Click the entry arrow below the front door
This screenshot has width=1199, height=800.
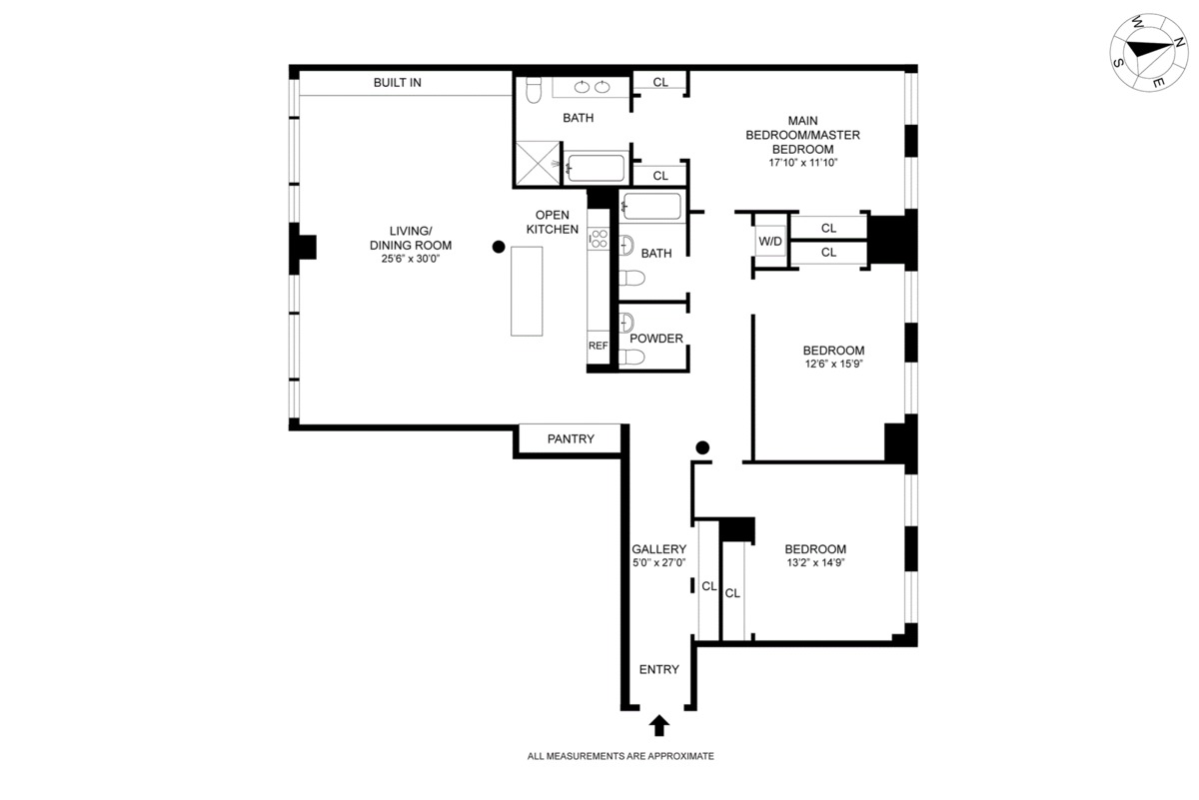point(658,726)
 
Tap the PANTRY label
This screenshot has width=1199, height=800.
point(571,438)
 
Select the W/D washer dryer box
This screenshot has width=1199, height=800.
point(770,242)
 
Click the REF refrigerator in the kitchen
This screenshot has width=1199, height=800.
point(598,347)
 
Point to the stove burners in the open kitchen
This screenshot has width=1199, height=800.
point(599,239)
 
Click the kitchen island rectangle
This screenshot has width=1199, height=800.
point(527,291)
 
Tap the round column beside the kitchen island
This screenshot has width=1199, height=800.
point(499,247)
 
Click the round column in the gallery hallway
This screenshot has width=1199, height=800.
point(702,447)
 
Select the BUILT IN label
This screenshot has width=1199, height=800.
point(398,83)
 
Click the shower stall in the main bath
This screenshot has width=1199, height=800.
point(537,163)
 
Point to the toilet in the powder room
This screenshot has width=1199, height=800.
point(631,357)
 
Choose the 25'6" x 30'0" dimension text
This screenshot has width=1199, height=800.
point(411,259)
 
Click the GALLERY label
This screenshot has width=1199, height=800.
point(658,549)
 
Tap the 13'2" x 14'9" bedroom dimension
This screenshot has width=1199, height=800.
point(815,562)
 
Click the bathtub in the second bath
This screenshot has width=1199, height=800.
point(652,206)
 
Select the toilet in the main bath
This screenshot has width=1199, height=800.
point(534,90)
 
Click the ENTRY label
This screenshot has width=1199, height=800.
point(658,669)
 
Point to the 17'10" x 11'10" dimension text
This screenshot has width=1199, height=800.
point(803,163)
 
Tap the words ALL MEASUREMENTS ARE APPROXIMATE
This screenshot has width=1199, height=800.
point(620,756)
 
